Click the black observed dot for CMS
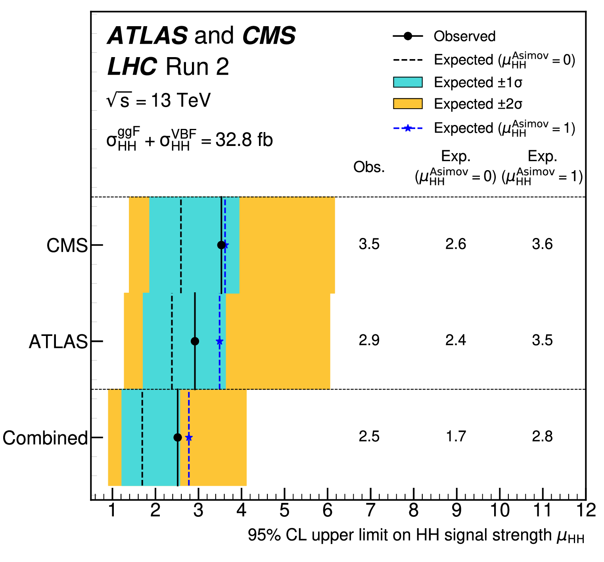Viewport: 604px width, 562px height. (x=221, y=245)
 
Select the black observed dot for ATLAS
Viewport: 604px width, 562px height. (x=195, y=341)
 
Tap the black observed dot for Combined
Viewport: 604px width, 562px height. (x=178, y=437)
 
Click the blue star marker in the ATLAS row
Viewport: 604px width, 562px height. (x=219, y=341)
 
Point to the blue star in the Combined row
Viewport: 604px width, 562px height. (x=189, y=437)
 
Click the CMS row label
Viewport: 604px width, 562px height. (x=67, y=246)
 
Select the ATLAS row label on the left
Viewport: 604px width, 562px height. (x=58, y=341)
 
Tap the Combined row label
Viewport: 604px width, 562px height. (x=45, y=438)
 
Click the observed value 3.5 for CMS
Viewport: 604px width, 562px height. (x=369, y=244)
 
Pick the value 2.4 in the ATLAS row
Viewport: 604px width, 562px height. (x=456, y=340)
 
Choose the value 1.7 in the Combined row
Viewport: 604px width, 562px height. (x=456, y=437)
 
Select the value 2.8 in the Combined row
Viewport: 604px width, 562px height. (x=542, y=437)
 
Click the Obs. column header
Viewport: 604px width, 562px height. (x=369, y=167)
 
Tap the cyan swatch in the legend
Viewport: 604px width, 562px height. (x=408, y=82)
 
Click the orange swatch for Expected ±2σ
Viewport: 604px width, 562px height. (x=408, y=104)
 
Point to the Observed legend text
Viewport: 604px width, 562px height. (x=464, y=36)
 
